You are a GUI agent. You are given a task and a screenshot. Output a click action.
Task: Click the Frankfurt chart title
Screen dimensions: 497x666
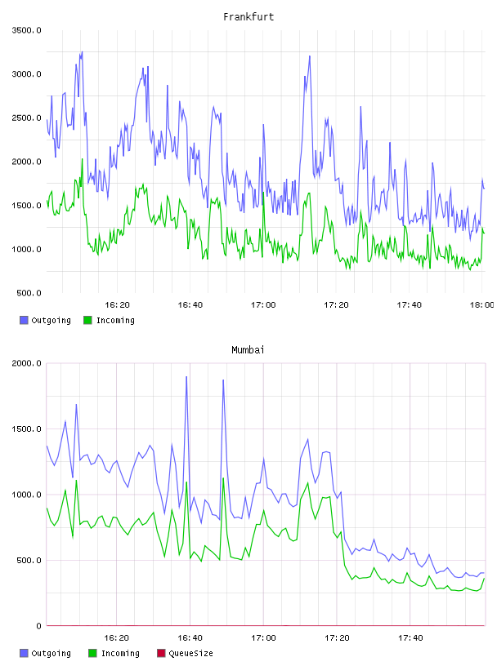pos(248,17)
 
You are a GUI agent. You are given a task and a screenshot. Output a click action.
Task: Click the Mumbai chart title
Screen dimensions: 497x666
pos(248,350)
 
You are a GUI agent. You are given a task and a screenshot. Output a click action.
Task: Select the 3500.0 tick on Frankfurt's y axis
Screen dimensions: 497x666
pos(26,30)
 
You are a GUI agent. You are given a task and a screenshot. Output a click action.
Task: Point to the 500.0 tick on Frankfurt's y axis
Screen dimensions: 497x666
pos(29,293)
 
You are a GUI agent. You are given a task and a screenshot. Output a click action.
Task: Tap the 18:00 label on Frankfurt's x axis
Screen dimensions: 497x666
pos(481,305)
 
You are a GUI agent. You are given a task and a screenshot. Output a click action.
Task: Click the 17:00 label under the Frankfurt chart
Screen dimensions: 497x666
pos(263,305)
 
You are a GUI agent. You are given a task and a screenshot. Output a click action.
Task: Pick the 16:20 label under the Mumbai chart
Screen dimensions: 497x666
pos(117,638)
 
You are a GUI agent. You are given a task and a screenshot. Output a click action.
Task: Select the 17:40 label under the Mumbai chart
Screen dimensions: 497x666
pos(410,638)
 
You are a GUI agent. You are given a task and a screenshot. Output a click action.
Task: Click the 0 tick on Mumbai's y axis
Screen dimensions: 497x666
pos(38,626)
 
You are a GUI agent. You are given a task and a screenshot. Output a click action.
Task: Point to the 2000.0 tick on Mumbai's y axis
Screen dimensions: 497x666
pos(26,363)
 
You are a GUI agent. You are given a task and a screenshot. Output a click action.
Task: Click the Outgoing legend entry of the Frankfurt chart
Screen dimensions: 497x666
pos(46,320)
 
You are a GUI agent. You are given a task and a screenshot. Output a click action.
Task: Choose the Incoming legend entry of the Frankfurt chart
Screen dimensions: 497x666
pos(110,320)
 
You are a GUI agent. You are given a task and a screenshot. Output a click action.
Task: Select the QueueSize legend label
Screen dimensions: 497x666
pos(190,653)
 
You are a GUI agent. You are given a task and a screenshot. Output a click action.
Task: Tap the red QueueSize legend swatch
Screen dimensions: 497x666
pos(161,653)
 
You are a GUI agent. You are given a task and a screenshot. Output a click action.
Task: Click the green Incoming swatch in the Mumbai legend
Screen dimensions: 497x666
pos(92,653)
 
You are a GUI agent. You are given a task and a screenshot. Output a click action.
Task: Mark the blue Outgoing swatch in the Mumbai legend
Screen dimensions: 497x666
pos(24,653)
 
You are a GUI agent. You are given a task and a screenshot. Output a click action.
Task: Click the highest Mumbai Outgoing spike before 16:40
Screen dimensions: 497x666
pos(186,376)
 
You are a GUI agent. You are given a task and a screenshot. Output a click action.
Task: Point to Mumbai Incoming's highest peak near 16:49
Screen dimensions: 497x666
pos(223,478)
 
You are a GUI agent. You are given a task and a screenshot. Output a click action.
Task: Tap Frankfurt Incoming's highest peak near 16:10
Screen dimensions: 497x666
pos(82,159)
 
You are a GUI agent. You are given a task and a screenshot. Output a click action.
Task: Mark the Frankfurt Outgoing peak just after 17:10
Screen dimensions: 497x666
pos(310,56)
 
